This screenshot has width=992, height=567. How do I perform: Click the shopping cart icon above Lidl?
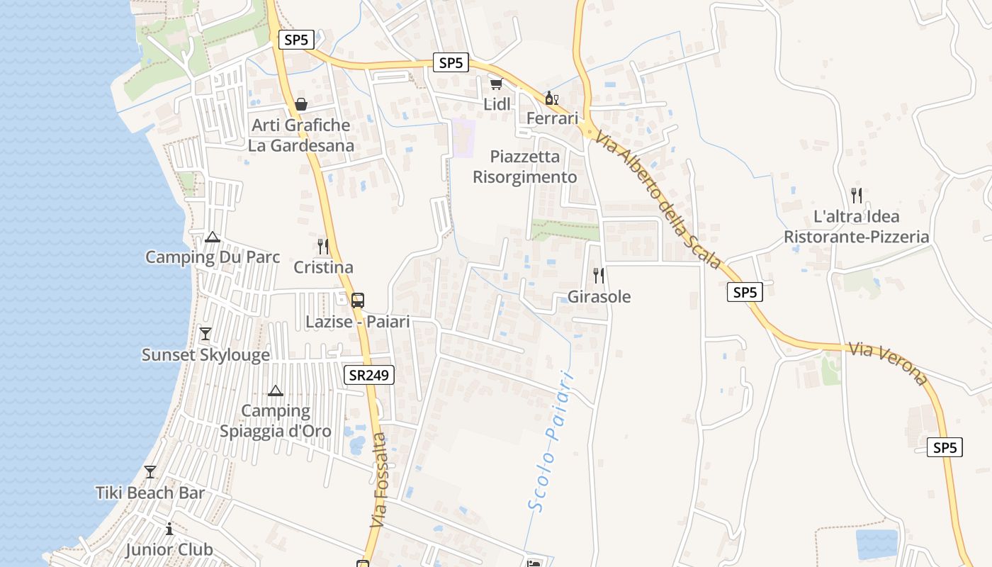coord(496,84)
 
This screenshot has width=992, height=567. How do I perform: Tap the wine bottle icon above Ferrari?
coord(551,98)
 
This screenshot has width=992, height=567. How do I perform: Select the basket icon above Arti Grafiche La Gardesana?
coord(301,105)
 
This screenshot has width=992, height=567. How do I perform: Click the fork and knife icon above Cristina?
coord(323,247)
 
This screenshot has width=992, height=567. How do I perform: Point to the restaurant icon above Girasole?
coord(599,275)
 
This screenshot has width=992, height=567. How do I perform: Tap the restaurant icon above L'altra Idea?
coord(856,195)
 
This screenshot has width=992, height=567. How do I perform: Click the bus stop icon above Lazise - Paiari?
coord(358,300)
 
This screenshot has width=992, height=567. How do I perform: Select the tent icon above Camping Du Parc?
coord(212,237)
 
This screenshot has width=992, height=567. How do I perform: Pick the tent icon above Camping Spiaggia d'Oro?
coord(276,391)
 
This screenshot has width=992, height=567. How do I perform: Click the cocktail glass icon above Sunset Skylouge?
coord(205,333)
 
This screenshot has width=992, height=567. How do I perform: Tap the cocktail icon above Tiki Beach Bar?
coord(150,471)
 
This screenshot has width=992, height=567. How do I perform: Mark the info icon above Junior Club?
coord(169,529)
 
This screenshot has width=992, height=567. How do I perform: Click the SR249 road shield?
coord(370,376)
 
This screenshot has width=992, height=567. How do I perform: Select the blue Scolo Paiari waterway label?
coord(550,440)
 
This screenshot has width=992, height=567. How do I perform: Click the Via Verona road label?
coord(889,364)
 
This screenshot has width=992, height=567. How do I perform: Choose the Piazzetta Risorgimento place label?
coord(525,167)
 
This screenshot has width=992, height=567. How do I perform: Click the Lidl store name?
coord(497,104)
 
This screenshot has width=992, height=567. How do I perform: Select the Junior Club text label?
coord(169,549)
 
